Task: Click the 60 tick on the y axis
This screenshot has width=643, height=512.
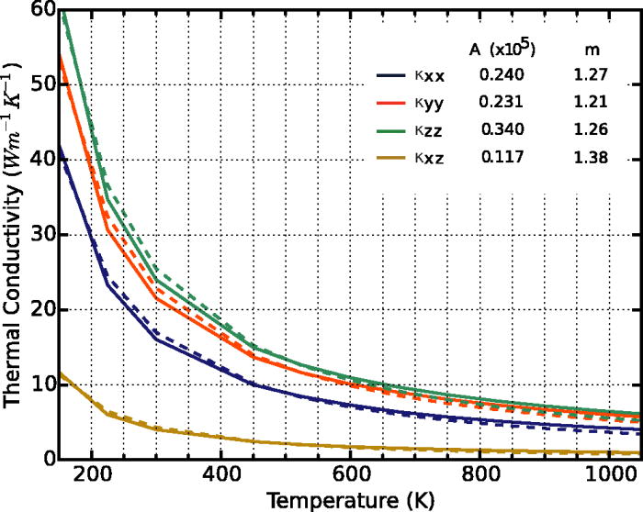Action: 39,10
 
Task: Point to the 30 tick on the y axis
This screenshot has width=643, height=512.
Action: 39,235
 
